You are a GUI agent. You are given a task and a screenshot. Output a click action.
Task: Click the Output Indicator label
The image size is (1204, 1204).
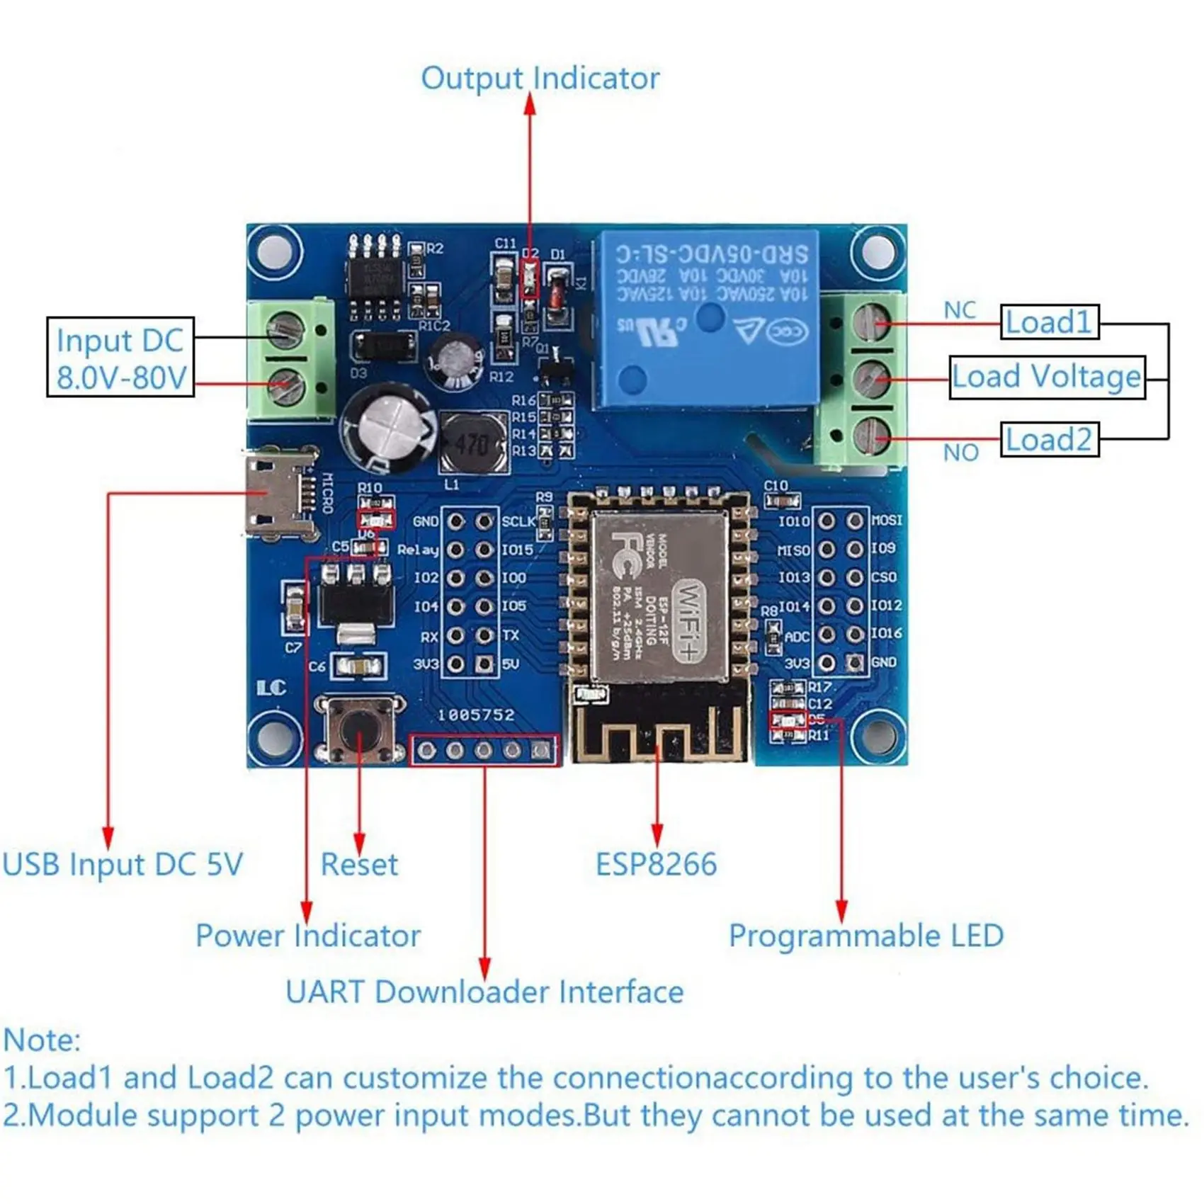540,79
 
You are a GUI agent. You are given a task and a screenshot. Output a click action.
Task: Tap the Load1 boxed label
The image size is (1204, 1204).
1049,322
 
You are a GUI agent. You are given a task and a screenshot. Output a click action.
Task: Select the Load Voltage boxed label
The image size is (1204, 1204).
1046,377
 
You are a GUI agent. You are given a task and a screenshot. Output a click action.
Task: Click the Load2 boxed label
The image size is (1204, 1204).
1049,440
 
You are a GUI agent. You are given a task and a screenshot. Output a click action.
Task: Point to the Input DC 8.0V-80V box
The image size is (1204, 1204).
120,358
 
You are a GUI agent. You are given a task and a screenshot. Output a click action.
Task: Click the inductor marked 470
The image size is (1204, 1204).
472,445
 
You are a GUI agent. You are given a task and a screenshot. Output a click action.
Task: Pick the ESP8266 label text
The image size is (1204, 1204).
656,865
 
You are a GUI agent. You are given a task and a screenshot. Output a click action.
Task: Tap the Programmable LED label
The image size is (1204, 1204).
865,936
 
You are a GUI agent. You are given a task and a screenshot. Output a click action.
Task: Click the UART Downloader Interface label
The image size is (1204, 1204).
484,992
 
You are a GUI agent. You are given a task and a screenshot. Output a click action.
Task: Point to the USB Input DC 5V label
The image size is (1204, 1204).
122,865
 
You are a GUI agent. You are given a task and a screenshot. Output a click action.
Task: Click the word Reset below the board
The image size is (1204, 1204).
359,865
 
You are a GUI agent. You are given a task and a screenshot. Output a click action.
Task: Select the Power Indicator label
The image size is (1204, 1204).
308,936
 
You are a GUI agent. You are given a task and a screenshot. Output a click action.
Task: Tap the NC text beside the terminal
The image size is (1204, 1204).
960,310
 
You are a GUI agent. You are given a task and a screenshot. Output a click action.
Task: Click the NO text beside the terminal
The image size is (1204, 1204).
960,453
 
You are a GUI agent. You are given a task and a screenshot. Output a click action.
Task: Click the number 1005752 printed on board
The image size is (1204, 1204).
476,715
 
